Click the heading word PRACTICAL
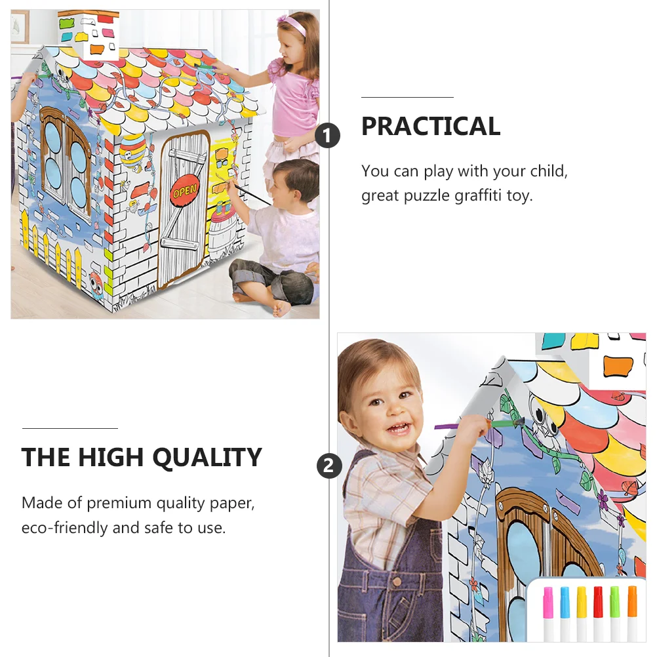point(431,126)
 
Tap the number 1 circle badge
point(327,135)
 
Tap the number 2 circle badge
point(329,466)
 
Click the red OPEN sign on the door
point(184,191)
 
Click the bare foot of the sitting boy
point(282,308)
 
